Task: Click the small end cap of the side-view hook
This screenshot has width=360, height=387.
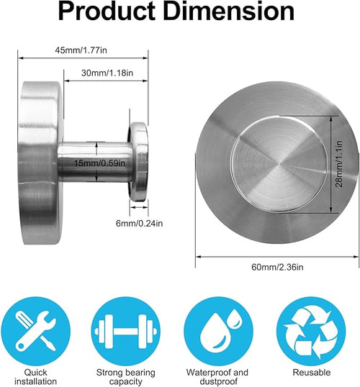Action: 138,163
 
